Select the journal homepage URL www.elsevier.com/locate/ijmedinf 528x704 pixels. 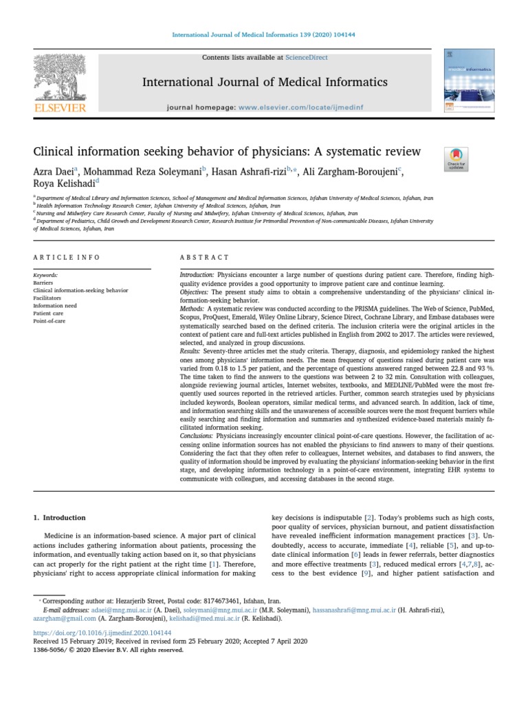tap(297, 108)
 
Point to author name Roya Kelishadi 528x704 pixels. tap(63, 184)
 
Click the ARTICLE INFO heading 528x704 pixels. tap(67, 257)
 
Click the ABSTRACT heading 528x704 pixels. tap(204, 257)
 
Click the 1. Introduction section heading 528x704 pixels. tap(60, 518)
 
